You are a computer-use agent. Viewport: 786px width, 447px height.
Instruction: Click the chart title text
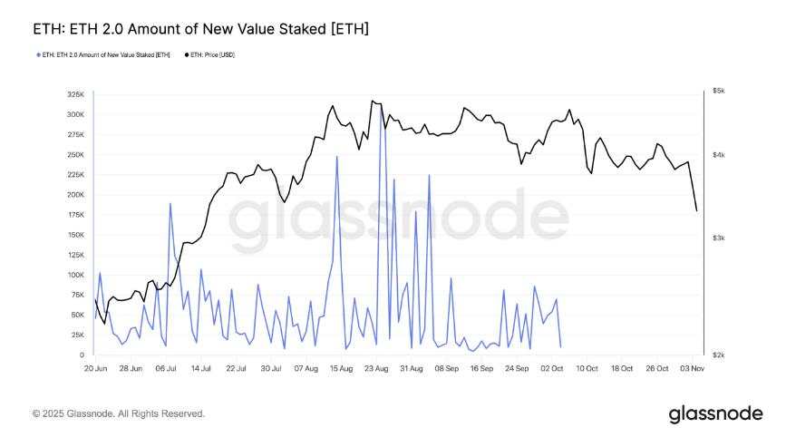click(200, 30)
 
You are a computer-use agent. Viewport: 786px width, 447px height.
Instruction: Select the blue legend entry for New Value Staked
click(106, 55)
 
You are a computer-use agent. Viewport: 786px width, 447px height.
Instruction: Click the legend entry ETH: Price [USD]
click(209, 55)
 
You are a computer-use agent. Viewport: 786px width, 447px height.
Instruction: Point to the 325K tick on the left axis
click(75, 94)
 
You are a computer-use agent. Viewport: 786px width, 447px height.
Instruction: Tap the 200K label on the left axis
click(75, 195)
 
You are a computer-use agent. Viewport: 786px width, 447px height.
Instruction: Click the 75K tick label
click(77, 295)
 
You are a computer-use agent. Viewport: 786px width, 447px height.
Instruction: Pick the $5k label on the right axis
click(719, 92)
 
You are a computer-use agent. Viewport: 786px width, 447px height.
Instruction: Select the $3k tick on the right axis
click(719, 238)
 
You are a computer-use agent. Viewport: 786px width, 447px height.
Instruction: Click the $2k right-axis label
click(719, 355)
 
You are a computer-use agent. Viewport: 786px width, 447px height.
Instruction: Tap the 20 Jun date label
click(95, 369)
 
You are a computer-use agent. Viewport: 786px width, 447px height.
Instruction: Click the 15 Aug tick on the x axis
click(341, 369)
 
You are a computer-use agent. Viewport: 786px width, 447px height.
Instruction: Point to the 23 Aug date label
click(376, 369)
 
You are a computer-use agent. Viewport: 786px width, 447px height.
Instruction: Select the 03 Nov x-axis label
click(692, 369)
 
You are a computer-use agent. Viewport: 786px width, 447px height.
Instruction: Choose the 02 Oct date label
click(551, 369)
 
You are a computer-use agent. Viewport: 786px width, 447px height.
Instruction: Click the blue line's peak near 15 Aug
click(337, 157)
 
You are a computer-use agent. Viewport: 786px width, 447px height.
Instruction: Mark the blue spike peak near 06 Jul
click(170, 203)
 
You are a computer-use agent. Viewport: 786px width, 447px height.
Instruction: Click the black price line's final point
click(696, 210)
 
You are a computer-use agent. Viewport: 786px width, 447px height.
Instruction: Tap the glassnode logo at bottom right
click(715, 414)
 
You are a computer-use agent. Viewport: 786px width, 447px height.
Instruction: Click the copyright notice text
click(119, 413)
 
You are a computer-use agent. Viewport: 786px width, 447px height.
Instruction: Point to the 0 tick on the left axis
click(82, 355)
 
